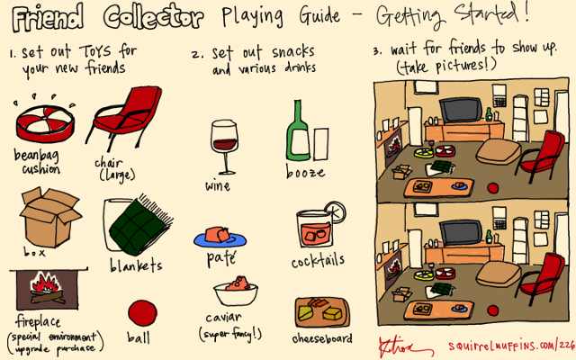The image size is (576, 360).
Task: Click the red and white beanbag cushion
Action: [x=45, y=123]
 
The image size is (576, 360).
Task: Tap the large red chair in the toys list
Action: [x=125, y=117]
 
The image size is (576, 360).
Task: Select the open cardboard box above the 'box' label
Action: [x=50, y=217]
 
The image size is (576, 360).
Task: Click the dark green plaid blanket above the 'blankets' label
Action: [x=141, y=225]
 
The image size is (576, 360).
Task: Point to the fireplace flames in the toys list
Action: [x=46, y=282]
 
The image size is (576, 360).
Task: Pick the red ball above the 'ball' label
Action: [x=142, y=313]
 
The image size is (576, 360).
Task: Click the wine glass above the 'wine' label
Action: [x=224, y=146]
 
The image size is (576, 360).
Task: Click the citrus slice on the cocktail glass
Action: [x=335, y=212]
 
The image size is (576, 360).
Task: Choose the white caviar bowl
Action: [x=236, y=293]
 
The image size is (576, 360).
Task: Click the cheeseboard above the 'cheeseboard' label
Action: [x=322, y=312]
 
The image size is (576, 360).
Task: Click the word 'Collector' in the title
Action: [x=153, y=17]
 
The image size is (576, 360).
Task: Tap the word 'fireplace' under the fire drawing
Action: [x=38, y=322]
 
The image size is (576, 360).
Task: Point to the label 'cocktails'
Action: [x=318, y=261]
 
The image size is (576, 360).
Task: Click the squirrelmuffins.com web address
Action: [x=511, y=346]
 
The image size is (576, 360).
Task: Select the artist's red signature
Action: [x=403, y=346]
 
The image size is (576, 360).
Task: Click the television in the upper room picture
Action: [x=461, y=110]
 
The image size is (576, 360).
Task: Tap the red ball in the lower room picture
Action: [x=492, y=310]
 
